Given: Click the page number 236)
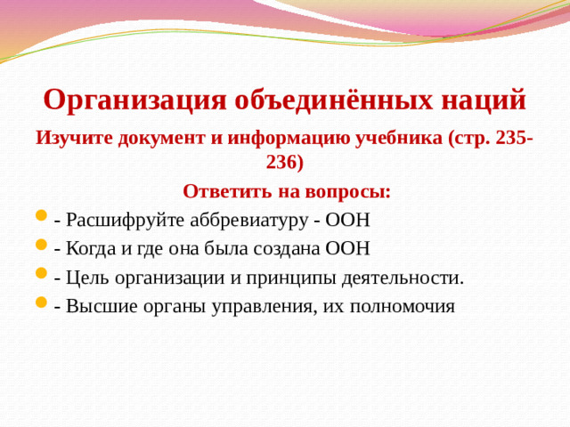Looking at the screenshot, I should click(x=284, y=164).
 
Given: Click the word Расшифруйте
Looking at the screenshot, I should click(x=123, y=220).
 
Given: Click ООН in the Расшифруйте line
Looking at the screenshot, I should click(x=349, y=220).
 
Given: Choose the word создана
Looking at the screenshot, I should click(x=289, y=248).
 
